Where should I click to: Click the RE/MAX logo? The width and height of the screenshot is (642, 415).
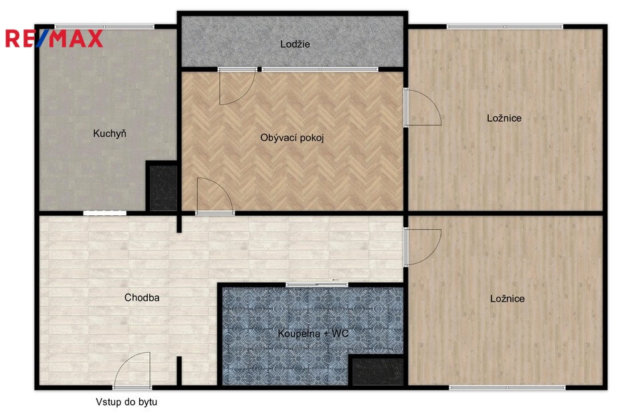(54, 39)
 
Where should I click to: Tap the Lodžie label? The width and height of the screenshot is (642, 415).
(295, 44)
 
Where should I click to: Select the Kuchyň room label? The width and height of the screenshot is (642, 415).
(109, 134)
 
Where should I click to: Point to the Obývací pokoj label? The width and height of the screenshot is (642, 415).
(292, 138)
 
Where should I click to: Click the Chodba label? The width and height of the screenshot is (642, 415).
(142, 297)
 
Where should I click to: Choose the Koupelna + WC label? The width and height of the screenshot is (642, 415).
(313, 333)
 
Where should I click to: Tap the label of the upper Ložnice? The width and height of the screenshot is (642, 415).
(504, 118)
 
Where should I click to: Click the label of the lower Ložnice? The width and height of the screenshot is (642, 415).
(508, 299)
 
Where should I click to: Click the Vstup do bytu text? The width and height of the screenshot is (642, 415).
(126, 402)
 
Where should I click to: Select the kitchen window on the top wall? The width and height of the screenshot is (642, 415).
(104, 27)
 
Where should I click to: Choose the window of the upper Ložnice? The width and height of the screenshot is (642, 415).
(505, 27)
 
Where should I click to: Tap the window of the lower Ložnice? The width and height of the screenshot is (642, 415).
(508, 387)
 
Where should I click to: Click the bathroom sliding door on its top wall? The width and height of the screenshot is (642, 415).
(317, 285)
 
